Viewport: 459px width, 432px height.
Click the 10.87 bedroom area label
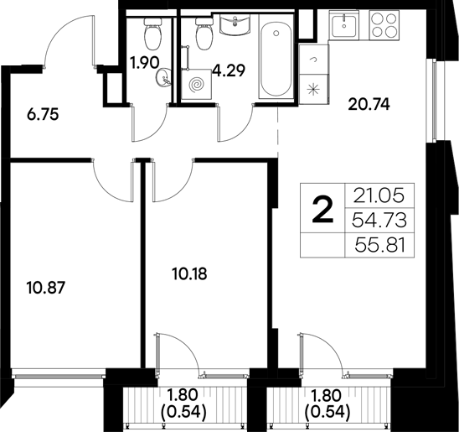[46, 286]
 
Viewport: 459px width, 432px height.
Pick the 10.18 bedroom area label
[188, 273]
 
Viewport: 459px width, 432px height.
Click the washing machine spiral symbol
[198, 84]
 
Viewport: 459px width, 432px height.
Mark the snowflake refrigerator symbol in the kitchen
[315, 87]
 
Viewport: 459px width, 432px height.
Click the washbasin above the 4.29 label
[235, 27]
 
